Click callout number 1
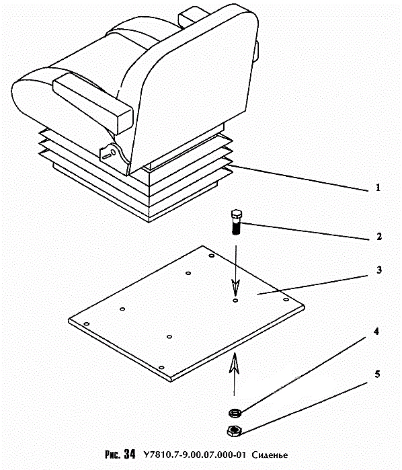[378, 188]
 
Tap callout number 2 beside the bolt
[379, 237]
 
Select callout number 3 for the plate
[379, 270]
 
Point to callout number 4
[376, 331]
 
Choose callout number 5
[377, 374]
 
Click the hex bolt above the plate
[237, 222]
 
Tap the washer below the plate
[235, 414]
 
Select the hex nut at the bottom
[235, 431]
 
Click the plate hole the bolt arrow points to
[235, 300]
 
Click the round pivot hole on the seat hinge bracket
[114, 152]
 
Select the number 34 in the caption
[130, 454]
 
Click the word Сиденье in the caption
[270, 455]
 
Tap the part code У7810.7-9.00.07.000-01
[194, 455]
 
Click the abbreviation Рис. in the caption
[113, 455]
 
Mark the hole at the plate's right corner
[286, 299]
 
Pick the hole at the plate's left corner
[87, 324]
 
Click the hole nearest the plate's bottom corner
[161, 368]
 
